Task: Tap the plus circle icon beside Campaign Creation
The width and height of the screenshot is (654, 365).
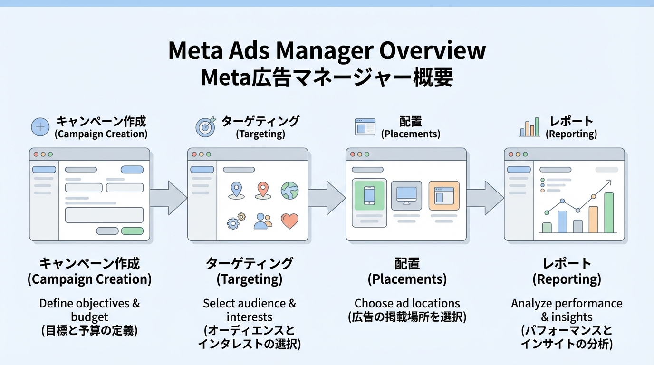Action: [40, 127]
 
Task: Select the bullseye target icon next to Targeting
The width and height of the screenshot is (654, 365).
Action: [205, 127]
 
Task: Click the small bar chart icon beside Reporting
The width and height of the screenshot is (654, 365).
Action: [529, 127]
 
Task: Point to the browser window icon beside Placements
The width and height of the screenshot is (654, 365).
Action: [365, 127]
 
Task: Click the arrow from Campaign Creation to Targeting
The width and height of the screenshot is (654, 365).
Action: [168, 198]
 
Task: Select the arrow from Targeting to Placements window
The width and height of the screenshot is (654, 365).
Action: [327, 198]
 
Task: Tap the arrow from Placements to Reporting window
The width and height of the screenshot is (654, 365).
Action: [485, 198]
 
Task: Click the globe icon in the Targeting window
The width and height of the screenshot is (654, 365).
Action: [289, 190]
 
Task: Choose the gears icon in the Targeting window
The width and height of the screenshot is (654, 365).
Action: [236, 221]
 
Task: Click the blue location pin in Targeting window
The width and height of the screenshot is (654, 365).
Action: [236, 190]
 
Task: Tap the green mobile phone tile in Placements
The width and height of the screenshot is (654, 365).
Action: [369, 195]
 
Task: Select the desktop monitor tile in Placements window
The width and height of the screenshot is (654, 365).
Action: [406, 195]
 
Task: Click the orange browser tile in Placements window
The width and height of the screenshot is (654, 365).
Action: [444, 195]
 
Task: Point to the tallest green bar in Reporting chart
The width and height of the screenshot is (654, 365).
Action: [608, 212]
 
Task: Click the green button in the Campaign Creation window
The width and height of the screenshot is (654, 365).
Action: [132, 231]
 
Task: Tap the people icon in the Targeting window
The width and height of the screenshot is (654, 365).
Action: [262, 221]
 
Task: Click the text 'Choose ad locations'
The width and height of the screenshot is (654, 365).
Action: [407, 303]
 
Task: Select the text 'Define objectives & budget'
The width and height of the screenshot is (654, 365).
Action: [89, 310]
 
